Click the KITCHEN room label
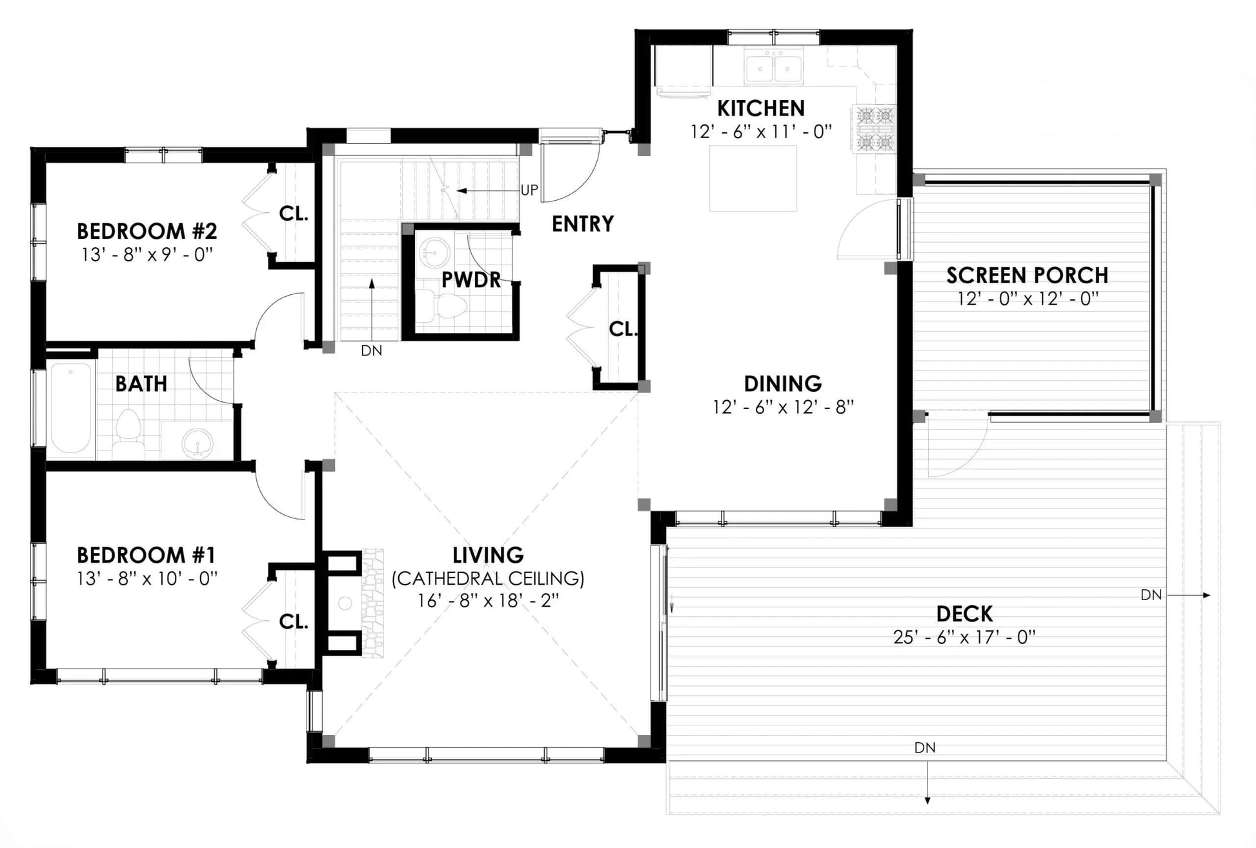(761, 108)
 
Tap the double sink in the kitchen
(774, 67)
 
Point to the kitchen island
(753, 178)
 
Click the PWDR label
(471, 279)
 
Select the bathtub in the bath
(72, 409)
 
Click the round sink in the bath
(196, 443)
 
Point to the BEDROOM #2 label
(147, 230)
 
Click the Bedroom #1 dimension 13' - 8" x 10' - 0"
(147, 578)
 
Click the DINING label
(783, 383)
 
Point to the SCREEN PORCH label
(1028, 276)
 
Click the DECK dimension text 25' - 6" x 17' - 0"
(964, 638)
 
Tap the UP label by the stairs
(529, 190)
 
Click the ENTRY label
(583, 224)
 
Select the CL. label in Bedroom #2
(294, 214)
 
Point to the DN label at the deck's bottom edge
(925, 747)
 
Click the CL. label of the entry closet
(623, 329)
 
